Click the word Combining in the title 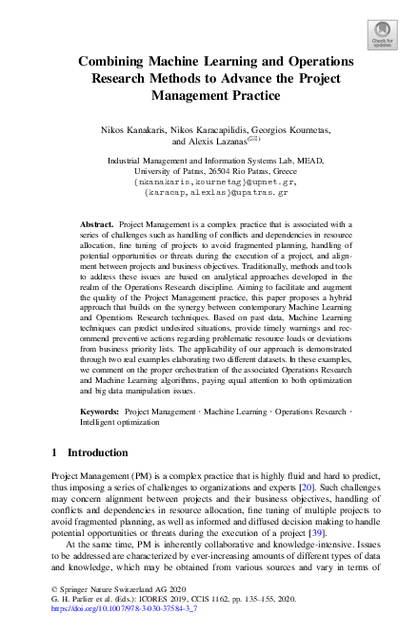[x=120, y=62]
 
